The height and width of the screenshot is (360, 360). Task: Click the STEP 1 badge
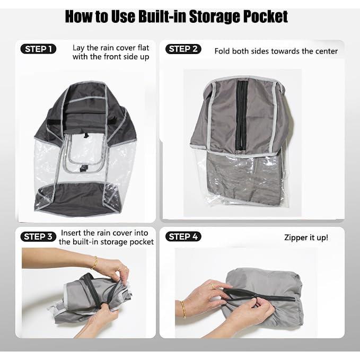tap(38, 49)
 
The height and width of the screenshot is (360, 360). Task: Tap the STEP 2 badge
tap(183, 49)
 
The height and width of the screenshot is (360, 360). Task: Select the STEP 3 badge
tap(38, 236)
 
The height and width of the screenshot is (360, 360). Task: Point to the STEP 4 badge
tap(183, 236)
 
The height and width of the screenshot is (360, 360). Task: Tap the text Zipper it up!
tap(306, 237)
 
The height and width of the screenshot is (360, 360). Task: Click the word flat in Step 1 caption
tap(139, 47)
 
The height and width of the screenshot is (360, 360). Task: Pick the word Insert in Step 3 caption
tap(72, 232)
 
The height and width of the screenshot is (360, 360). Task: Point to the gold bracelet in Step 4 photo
tap(183, 309)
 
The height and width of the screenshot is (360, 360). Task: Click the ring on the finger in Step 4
tap(213, 286)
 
